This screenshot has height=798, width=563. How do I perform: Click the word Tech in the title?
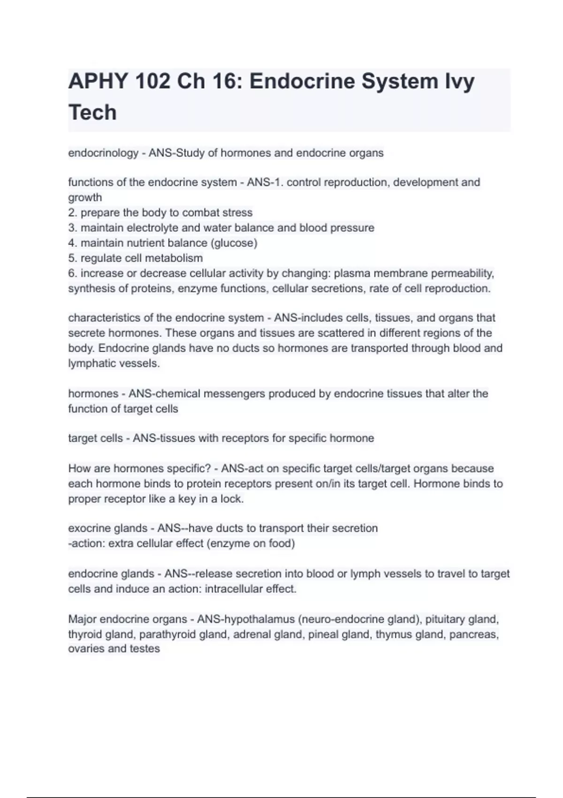tap(92, 113)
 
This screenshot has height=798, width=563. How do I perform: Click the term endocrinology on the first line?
tap(103, 153)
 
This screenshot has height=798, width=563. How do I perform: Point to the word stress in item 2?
tap(237, 213)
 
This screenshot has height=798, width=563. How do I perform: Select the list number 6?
tap(72, 273)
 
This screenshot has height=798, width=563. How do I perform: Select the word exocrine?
tap(87, 528)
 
